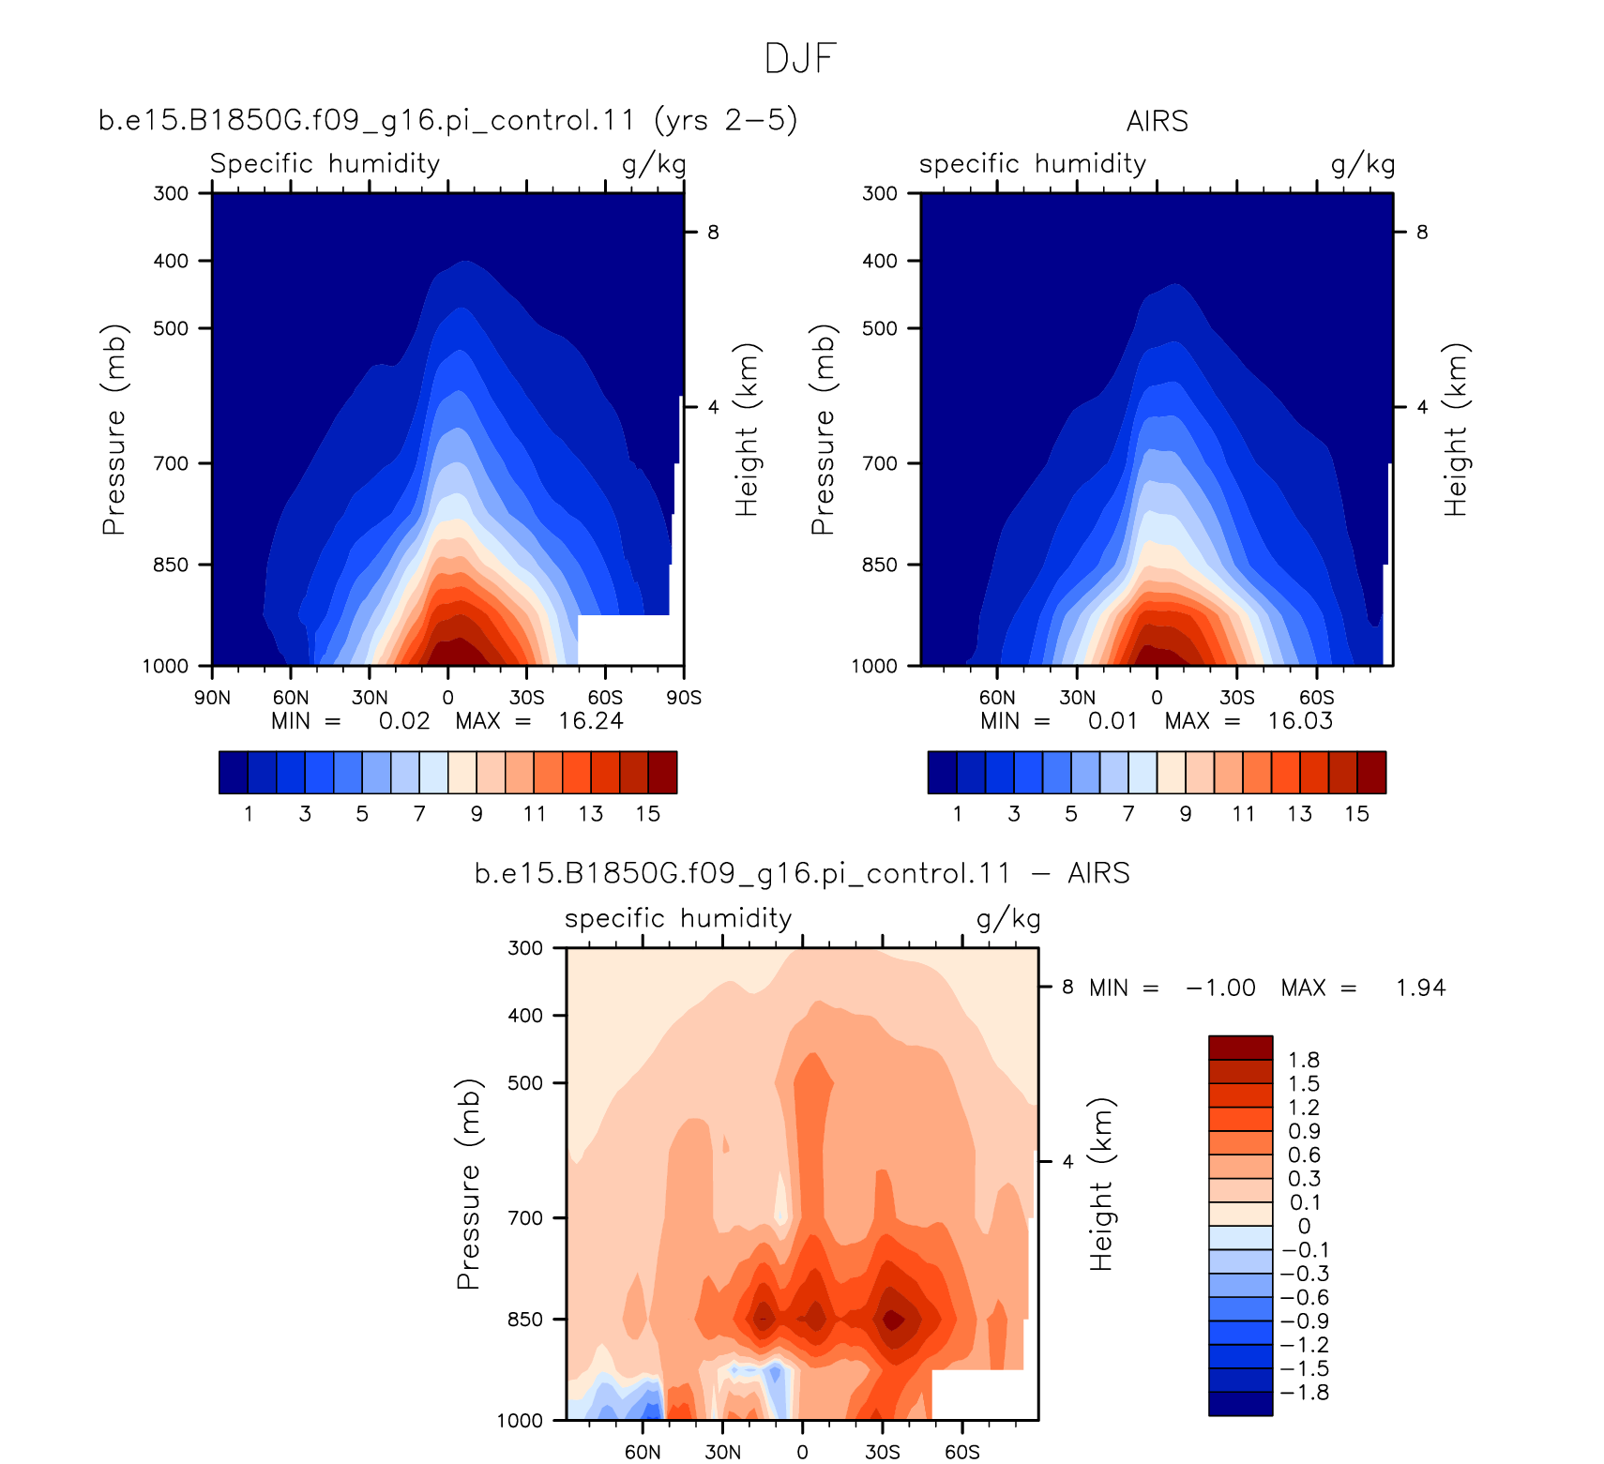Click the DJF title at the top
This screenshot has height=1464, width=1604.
[800, 58]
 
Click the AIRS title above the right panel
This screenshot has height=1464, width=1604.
[1158, 121]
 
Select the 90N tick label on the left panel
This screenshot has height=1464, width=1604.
[212, 698]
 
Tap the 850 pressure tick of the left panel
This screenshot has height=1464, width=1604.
[171, 565]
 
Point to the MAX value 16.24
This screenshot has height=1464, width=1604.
[591, 721]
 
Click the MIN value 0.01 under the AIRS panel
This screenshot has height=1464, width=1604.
[1112, 721]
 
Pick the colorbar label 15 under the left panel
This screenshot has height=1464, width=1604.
[648, 814]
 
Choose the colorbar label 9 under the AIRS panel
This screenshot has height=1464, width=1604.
[1186, 814]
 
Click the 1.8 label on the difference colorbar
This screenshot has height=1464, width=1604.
[1304, 1060]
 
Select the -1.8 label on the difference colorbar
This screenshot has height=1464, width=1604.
[1305, 1393]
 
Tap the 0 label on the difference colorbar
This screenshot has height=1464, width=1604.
[1304, 1226]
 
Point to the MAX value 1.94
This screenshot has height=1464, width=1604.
[1420, 988]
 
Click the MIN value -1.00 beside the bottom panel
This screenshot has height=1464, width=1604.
[1220, 988]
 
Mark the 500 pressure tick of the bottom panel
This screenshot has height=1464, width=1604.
[525, 1083]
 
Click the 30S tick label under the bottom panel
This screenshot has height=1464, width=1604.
[883, 1452]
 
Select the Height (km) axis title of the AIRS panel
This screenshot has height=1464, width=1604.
[1455, 430]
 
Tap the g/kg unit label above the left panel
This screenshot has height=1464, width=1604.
[654, 165]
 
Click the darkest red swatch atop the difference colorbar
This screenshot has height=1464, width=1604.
[1240, 1048]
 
